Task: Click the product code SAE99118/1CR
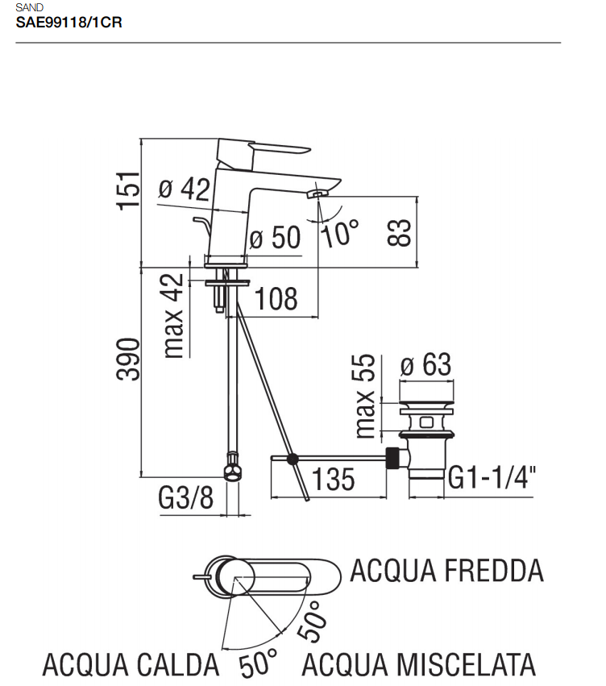68,23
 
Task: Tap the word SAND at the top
29,7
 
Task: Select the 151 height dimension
129,191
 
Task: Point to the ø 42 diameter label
184,189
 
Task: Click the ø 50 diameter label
275,237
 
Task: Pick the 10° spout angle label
340,232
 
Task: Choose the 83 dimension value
399,232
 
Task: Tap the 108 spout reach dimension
276,299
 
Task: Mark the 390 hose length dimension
129,359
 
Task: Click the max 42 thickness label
173,316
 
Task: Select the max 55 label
365,396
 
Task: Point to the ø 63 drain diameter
425,364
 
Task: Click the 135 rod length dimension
333,479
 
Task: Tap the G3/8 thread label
186,497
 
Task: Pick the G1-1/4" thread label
492,477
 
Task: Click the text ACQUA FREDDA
447,571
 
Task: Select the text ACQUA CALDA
131,664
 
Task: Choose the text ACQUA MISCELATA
419,664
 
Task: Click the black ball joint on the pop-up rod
292,459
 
